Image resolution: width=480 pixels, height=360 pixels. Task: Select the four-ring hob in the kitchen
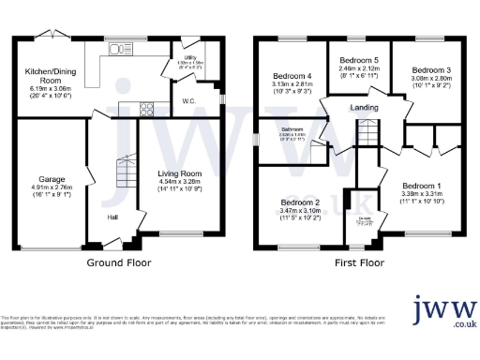(x=147, y=108)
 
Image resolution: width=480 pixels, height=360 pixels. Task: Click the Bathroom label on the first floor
(x=292, y=131)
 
